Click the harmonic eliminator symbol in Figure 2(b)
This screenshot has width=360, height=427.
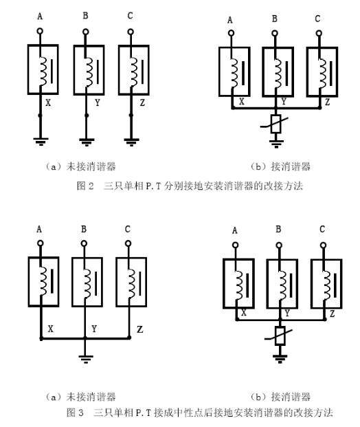click(x=275, y=124)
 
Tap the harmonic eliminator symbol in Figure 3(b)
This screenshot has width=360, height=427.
click(x=280, y=336)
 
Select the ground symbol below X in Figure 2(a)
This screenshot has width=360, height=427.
click(x=41, y=142)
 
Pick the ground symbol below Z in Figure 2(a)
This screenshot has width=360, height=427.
click(x=131, y=142)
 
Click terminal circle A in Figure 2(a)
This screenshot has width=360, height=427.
click(x=40, y=31)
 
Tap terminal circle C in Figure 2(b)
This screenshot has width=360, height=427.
click(x=319, y=33)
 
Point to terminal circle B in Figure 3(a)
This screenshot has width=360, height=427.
click(x=84, y=243)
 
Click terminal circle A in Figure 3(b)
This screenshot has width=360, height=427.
click(x=236, y=245)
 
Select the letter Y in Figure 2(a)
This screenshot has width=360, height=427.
click(x=98, y=102)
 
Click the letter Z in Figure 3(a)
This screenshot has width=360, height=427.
click(x=140, y=329)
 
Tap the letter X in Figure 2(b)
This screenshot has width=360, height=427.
click(x=242, y=102)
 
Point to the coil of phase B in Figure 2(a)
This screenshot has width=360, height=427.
click(x=89, y=72)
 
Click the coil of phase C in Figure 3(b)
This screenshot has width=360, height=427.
click(x=326, y=285)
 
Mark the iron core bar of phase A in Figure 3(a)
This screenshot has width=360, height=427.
click(x=52, y=281)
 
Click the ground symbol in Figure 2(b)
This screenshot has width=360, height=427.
click(x=276, y=144)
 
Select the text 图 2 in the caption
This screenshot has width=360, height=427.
click(x=85, y=186)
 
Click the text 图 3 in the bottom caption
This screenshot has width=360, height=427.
click(x=75, y=413)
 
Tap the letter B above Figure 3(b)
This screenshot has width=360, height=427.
click(x=278, y=229)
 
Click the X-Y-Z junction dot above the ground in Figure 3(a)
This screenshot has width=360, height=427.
click(x=85, y=338)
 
